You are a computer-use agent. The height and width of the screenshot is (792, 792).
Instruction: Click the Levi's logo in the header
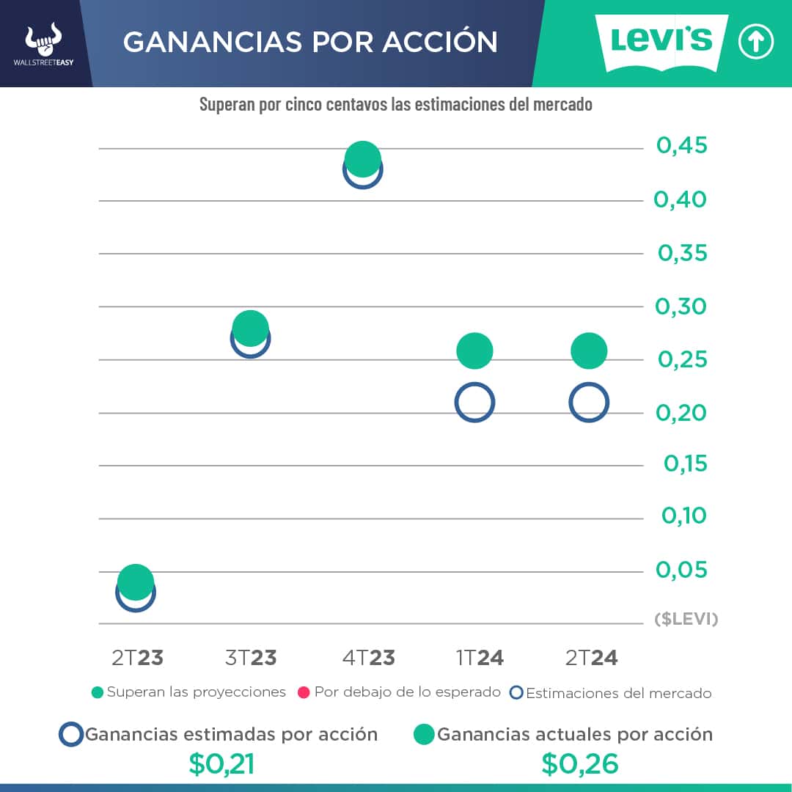(x=661, y=43)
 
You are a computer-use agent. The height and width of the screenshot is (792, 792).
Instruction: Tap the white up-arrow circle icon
(x=755, y=43)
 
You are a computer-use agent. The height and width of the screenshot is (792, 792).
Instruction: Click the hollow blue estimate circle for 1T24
(x=474, y=402)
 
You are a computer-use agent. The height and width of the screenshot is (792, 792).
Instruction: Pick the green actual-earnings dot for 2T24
(x=589, y=351)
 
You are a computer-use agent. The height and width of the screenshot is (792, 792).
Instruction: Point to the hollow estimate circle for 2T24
(x=589, y=402)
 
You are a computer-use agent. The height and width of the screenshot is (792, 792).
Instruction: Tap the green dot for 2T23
(x=136, y=582)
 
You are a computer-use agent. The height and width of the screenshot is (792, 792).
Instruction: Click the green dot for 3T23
(x=250, y=328)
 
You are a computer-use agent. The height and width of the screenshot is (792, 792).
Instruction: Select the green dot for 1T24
(x=474, y=351)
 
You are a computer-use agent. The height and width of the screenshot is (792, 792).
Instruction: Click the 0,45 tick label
(x=682, y=146)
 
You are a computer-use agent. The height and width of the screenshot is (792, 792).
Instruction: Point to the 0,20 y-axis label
(x=681, y=413)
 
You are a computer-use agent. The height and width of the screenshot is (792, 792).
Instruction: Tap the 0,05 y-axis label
(x=682, y=570)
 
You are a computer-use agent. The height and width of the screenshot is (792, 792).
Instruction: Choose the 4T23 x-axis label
(x=368, y=658)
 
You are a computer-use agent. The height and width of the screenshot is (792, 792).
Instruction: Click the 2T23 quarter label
(x=137, y=658)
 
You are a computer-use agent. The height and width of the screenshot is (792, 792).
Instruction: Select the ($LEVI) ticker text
(x=686, y=620)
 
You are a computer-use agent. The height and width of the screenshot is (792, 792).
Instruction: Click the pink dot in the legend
(x=303, y=692)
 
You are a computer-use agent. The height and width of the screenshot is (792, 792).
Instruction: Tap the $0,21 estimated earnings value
(x=221, y=764)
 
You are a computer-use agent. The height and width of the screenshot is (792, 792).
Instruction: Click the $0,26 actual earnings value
(x=580, y=764)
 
